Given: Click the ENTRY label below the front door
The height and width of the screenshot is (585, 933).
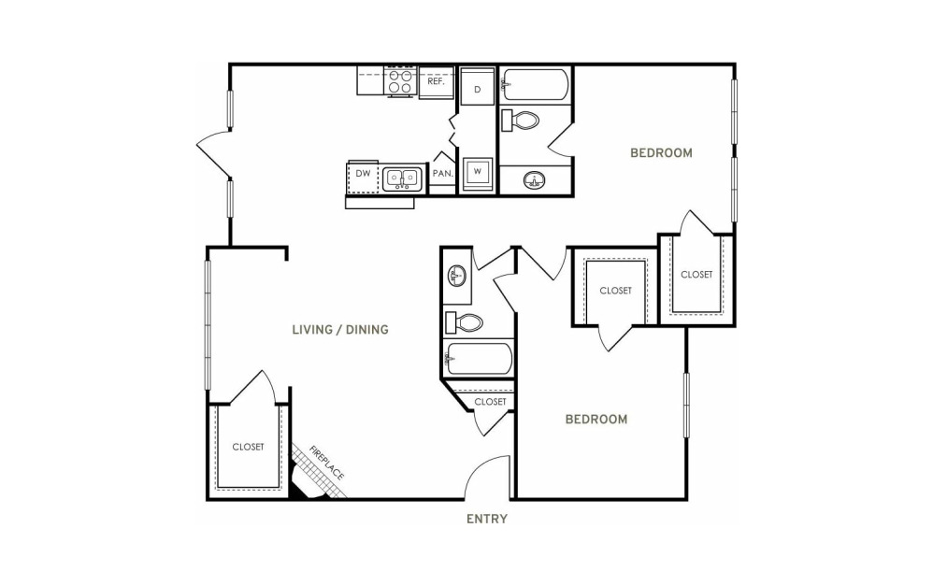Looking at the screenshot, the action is (487, 519).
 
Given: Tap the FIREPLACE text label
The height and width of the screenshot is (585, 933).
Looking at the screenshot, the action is (326, 463).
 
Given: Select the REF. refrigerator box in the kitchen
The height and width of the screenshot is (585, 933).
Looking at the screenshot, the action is (437, 81).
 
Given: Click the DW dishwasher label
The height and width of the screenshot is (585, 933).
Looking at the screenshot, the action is (363, 174).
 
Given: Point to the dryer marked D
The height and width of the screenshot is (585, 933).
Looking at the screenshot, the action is (477, 86).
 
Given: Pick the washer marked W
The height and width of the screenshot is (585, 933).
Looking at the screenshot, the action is (477, 174).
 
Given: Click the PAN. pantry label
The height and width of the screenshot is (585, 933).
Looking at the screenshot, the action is (443, 174).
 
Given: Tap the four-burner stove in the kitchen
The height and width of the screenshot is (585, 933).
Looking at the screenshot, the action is (400, 81).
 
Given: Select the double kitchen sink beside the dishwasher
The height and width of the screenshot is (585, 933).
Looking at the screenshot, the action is (402, 178).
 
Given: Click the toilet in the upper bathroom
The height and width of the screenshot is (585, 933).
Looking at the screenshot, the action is (520, 121).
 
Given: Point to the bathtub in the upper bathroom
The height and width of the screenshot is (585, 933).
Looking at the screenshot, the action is (535, 86).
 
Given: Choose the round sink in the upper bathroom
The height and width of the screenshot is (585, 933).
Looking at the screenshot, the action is (535, 180).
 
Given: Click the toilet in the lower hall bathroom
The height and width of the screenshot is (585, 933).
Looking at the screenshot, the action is (464, 322).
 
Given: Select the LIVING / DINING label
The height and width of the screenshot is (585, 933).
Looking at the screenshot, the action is (340, 329).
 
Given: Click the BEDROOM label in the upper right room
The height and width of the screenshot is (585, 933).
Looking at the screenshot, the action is (661, 152).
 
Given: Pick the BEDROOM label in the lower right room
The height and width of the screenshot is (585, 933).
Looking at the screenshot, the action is (596, 420).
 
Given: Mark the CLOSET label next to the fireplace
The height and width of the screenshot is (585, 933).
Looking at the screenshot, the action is (248, 447).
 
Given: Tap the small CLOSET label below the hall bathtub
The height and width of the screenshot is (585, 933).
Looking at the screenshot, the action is (490, 402).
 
